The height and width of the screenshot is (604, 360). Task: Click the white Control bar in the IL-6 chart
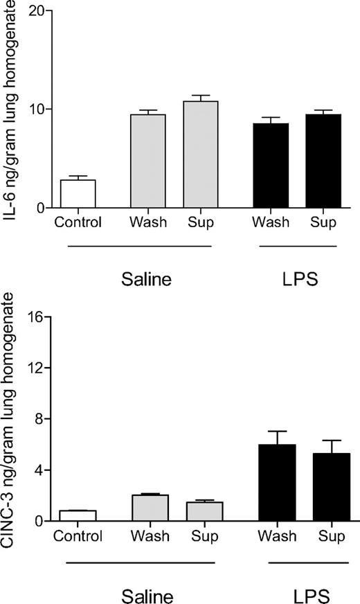[77, 194]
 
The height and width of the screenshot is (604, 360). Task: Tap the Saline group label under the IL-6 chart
[149, 280]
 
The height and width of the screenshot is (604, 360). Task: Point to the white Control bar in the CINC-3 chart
[77, 516]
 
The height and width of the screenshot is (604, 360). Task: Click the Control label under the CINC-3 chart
[77, 535]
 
